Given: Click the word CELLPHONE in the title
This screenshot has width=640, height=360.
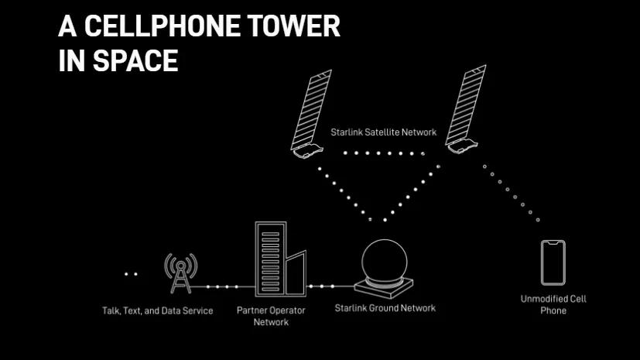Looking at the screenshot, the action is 162,26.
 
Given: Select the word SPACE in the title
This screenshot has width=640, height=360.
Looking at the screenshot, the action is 135,61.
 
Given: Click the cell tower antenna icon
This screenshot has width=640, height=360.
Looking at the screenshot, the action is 181,273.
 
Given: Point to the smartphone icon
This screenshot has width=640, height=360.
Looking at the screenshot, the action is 553,262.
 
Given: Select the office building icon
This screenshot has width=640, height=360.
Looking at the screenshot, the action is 280,259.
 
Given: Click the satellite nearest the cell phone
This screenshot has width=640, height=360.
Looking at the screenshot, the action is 465,109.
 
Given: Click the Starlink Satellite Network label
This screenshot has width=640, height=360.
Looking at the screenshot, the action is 383,132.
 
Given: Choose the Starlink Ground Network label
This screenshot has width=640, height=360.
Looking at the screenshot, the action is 385,308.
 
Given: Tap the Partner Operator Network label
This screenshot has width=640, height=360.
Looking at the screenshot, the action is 271,316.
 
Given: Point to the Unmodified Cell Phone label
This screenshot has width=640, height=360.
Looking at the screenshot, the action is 553,304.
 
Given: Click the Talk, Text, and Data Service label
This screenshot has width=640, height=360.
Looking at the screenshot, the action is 158,310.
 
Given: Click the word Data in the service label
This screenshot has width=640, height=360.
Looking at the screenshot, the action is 171,310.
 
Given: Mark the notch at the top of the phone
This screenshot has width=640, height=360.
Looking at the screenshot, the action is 553,243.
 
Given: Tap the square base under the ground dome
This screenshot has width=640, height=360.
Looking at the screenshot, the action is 384,287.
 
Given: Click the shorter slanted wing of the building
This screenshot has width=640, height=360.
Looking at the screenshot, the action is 296,273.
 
